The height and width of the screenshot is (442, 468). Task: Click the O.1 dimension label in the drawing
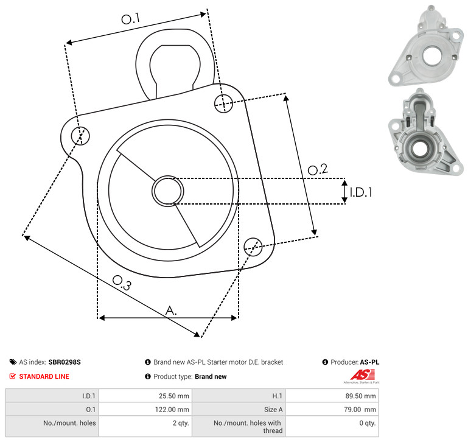click(x=130, y=18)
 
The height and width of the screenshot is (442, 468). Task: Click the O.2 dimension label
click(x=318, y=169)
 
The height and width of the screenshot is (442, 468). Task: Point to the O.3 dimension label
click(x=122, y=282)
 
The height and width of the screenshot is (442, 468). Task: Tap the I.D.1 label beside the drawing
click(x=361, y=192)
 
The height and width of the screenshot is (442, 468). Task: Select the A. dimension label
click(x=171, y=310)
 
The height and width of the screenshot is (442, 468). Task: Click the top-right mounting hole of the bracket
click(x=223, y=103)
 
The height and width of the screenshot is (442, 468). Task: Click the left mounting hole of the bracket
click(x=80, y=136)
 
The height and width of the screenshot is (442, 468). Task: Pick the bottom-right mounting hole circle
click(x=253, y=247)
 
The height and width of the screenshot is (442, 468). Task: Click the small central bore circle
click(x=168, y=191)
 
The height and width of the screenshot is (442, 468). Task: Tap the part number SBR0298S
click(x=65, y=362)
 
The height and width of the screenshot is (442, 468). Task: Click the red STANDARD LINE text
click(x=44, y=376)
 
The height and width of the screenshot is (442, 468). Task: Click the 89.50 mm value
click(x=360, y=396)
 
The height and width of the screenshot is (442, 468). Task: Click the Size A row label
click(x=273, y=410)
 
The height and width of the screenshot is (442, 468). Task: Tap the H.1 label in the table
click(x=278, y=396)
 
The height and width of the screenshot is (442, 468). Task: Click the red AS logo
click(x=362, y=375)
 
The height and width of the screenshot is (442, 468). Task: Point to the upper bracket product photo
click(x=425, y=46)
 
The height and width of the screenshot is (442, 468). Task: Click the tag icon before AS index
click(x=13, y=362)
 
